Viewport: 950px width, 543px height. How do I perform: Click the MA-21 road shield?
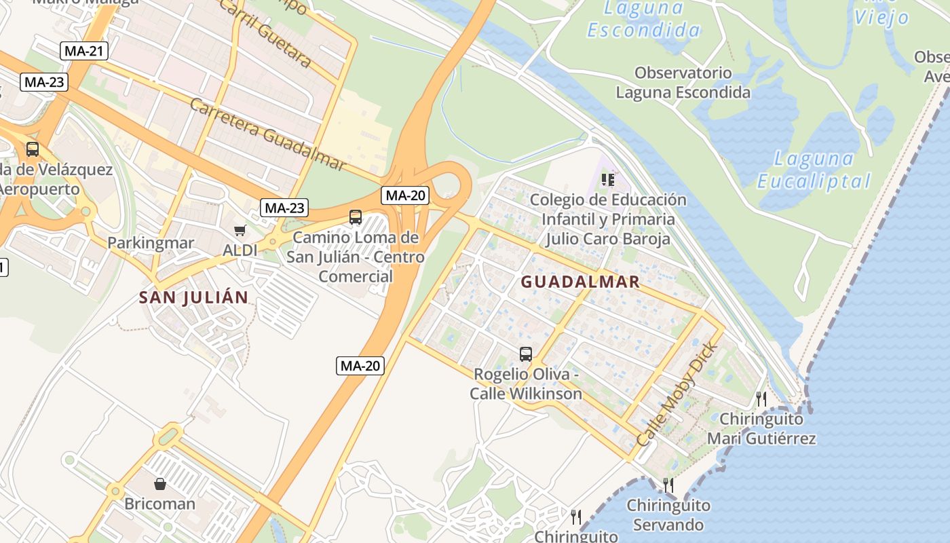coord(84,50)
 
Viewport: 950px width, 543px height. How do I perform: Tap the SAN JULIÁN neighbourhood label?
coord(193,297)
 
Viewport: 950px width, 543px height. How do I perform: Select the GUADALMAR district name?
coord(580,282)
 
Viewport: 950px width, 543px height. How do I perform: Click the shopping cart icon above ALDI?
coord(240,231)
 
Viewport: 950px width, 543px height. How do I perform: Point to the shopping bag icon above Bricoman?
coord(160,484)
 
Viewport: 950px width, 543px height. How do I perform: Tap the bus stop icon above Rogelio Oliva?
coord(526,354)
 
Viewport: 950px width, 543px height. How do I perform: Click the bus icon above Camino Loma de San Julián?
coord(355,217)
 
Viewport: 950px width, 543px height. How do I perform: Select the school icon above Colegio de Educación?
coord(608,180)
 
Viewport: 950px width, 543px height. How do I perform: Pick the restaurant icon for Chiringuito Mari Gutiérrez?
coord(761,398)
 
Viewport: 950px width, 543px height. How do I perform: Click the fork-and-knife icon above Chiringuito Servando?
coord(668,485)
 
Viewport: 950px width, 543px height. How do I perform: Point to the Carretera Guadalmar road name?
coord(267,134)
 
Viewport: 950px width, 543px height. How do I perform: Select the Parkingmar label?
coord(151,243)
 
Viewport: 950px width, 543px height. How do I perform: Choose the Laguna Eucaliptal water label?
coord(814,170)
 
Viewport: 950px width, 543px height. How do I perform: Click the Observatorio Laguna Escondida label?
coord(683,83)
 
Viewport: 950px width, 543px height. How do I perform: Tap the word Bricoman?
coord(159,504)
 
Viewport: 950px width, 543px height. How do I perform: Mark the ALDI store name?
coord(240,250)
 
